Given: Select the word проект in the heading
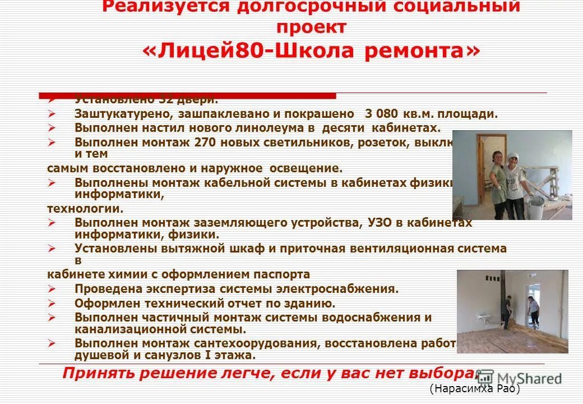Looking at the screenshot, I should (311, 27).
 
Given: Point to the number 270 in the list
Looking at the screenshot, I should (205, 143).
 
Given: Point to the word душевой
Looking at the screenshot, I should (100, 355).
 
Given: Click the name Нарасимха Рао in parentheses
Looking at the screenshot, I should (475, 389).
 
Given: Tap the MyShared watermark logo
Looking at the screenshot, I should (519, 378).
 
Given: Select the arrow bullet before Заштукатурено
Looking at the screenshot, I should (52, 114).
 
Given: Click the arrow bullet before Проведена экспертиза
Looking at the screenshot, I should (52, 290).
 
